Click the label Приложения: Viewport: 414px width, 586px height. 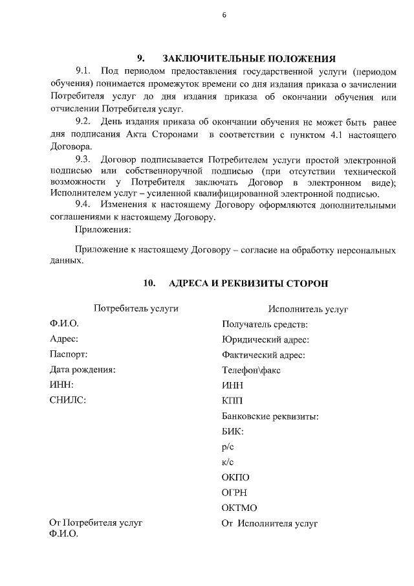103,229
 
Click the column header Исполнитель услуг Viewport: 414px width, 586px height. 309,309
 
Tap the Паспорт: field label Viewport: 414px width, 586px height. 69,354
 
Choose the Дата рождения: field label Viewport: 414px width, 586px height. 83,370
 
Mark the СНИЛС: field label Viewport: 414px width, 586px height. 68,400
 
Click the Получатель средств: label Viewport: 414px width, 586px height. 264,324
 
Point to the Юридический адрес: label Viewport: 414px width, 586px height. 265,339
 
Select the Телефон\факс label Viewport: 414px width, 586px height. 251,370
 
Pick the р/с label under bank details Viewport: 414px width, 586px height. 227,446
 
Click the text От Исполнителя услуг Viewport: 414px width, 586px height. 270,523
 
